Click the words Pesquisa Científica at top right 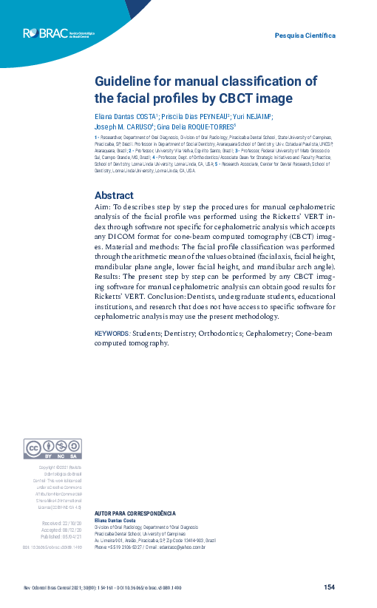305,36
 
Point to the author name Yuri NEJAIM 253,117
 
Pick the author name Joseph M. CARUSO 123,126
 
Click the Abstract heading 114,195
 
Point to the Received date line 61,523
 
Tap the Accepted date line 61,530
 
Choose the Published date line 61,538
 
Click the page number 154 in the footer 330,587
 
